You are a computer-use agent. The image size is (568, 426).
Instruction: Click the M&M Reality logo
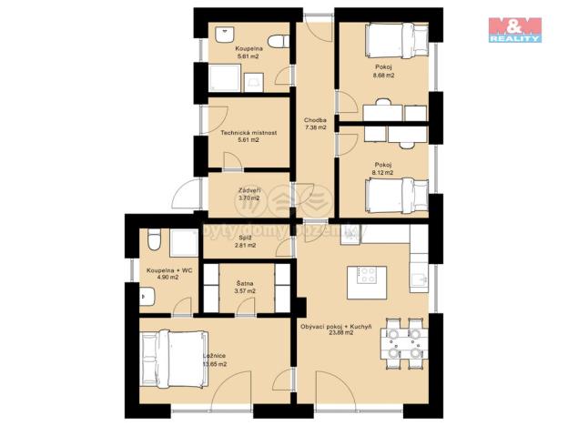click(515, 29)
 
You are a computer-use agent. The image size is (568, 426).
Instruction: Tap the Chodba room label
click(316, 120)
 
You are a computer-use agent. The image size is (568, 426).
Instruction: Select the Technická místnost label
click(248, 132)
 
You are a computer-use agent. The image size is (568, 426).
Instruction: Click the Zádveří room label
click(248, 189)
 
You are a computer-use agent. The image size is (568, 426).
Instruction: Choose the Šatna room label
click(245, 283)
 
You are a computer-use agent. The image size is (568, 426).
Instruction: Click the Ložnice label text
click(215, 355)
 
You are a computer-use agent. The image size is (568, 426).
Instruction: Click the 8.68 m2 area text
click(383, 76)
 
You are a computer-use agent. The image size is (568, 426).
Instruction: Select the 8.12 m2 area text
click(383, 172)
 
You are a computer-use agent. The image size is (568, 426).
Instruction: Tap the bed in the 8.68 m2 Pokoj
click(395, 39)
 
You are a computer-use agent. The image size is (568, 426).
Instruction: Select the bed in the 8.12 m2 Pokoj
click(395, 195)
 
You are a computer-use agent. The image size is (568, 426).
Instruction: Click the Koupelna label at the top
click(248, 47)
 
